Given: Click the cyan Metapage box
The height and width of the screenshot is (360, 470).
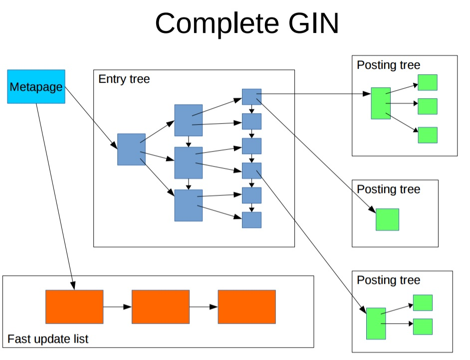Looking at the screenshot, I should pyautogui.click(x=36, y=86).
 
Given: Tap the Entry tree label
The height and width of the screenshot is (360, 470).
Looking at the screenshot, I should pyautogui.click(x=124, y=79).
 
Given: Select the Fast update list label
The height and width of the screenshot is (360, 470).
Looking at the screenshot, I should pyautogui.click(x=48, y=339).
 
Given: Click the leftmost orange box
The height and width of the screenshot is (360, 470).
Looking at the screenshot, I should pyautogui.click(x=74, y=307).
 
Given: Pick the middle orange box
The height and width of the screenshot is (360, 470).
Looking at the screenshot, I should pyautogui.click(x=161, y=307).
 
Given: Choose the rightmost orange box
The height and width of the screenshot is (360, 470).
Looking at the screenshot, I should pyautogui.click(x=246, y=307).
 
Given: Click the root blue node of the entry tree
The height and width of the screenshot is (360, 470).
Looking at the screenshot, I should pyautogui.click(x=131, y=149).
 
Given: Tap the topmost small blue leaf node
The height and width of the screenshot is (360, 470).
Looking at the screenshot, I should pyautogui.click(x=251, y=97).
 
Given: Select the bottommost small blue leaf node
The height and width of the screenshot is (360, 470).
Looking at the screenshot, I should pyautogui.click(x=251, y=220).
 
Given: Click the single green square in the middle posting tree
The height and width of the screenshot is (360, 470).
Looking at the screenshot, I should pyautogui.click(x=387, y=219).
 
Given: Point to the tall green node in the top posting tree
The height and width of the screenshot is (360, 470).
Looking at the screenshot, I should pyautogui.click(x=381, y=103).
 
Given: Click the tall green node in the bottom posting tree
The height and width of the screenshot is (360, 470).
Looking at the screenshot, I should pyautogui.click(x=376, y=324).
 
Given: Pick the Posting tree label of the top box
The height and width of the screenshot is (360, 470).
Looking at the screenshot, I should pyautogui.click(x=389, y=65).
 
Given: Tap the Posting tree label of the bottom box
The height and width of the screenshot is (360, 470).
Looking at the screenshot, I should pyautogui.click(x=389, y=280).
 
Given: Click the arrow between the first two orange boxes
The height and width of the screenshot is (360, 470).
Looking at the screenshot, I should pyautogui.click(x=117, y=307).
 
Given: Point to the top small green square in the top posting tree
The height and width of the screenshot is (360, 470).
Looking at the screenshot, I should pyautogui.click(x=428, y=82).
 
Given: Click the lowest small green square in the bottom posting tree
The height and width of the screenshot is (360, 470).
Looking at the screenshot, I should pyautogui.click(x=423, y=326).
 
